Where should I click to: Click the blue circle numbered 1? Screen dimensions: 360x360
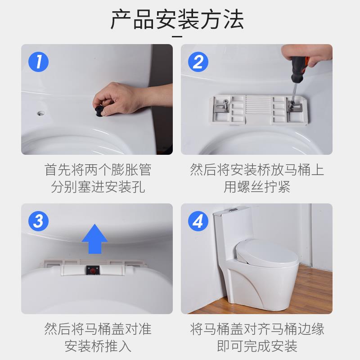pos(38,62)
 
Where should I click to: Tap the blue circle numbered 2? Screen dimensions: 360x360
pos(198,62)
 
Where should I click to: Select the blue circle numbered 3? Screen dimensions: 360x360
pos(38,221)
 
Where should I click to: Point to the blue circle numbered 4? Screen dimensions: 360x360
pos(198,221)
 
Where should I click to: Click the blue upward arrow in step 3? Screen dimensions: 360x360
pos(94,239)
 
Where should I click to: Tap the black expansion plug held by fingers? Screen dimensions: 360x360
pos(99,111)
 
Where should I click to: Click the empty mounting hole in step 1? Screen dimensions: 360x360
pos(41,113)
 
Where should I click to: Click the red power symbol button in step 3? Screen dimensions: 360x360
pos(93,271)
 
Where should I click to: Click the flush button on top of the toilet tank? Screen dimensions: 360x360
pos(233,210)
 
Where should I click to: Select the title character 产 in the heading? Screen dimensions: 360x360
pos(121,19)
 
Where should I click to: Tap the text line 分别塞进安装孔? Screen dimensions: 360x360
pos(98,187)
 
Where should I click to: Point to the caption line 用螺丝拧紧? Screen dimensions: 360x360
pos(257,187)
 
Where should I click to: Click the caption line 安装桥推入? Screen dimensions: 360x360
pos(98,346)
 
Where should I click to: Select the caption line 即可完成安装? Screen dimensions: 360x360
pos(257,346)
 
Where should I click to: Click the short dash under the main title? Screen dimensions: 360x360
pos(177,36)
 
